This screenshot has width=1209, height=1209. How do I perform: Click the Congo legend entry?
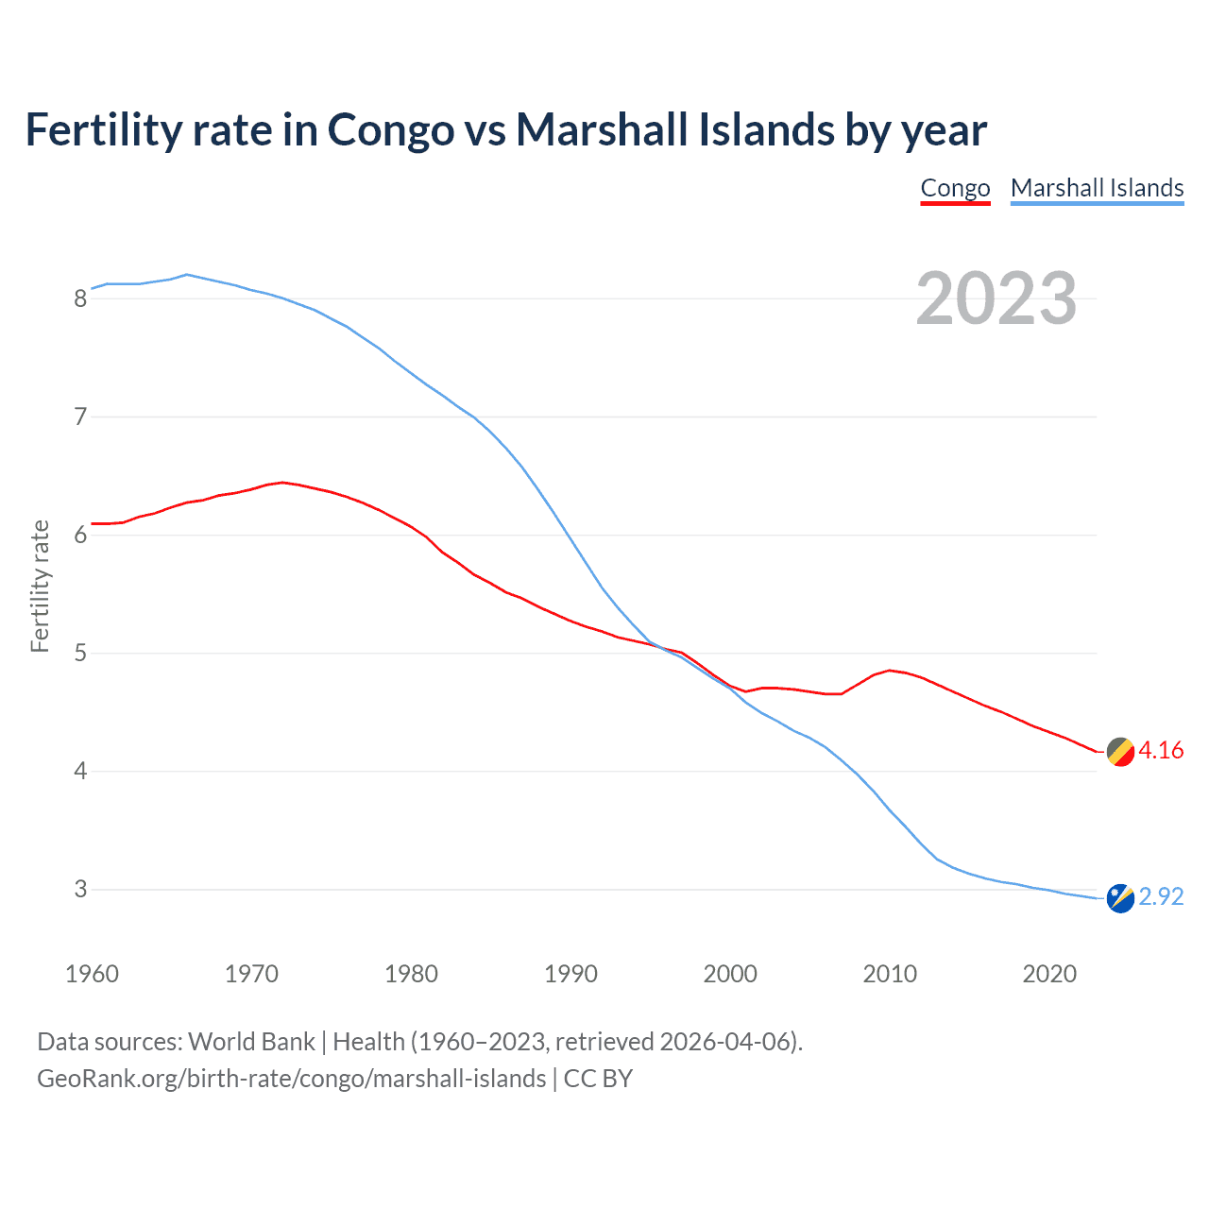pos(955,188)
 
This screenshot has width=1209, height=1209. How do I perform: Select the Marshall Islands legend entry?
pos(1097,188)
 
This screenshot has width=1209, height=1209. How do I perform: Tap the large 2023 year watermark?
pos(996,298)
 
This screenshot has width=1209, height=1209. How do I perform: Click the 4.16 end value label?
pos(1161,751)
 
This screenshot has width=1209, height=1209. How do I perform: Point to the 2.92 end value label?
pos(1161,896)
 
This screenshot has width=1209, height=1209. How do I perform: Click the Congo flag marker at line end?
pos(1120,752)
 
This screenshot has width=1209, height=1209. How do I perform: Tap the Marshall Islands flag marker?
pos(1120,898)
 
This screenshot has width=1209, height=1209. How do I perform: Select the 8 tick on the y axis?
pos(80,299)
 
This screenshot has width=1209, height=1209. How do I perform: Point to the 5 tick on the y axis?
pos(80,654)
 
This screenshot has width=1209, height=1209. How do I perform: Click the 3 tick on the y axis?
pos(80,890)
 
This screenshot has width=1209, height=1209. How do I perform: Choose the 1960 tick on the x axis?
pos(92,974)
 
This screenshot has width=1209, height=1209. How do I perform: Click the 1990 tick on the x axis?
pos(570,974)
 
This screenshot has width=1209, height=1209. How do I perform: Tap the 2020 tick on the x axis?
pos(1049,974)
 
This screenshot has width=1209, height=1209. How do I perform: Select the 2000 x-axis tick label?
pos(730,974)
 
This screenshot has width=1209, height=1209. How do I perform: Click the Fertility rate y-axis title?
pos(40,586)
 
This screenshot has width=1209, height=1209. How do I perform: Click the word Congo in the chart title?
pos(390,129)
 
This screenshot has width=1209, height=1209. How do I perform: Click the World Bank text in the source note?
pos(251,1042)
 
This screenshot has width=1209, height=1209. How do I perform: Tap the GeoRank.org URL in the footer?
pos(291,1079)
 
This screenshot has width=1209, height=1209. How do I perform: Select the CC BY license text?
pos(598,1079)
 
